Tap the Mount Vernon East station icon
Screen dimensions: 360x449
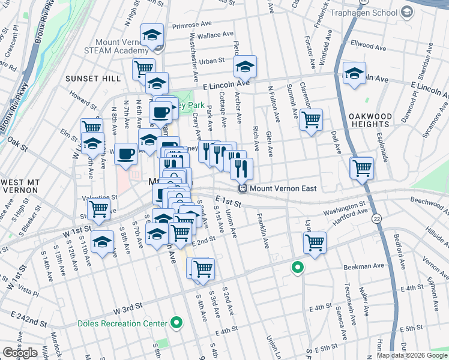tap(243, 188)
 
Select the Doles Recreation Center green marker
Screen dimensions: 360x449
tap(176, 323)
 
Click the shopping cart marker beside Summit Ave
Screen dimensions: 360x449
tap(311, 120)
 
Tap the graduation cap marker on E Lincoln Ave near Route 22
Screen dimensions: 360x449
tap(354, 74)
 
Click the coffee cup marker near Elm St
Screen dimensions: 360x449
tap(125, 154)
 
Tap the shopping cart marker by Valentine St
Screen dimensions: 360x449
tap(98, 209)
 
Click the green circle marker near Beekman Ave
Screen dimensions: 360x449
tap(297, 268)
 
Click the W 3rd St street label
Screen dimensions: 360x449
tap(128, 307)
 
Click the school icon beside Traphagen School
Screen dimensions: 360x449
tap(407, 12)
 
